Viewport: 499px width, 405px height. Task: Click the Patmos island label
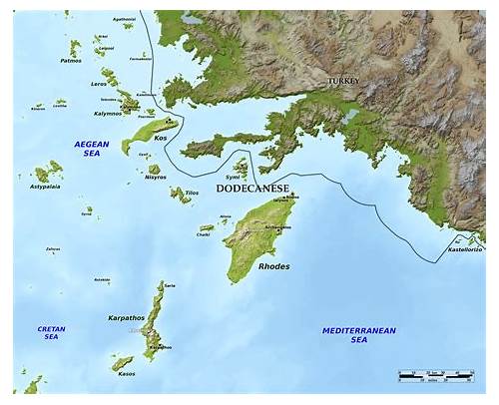point(71,61)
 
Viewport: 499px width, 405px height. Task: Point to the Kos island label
point(160,138)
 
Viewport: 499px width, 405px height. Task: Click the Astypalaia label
point(45,187)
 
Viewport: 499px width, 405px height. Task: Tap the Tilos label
point(193,193)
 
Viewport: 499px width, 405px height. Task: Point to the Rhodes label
point(274,266)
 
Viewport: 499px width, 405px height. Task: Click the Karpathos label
point(126,317)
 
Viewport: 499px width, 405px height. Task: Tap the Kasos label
point(127,374)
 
